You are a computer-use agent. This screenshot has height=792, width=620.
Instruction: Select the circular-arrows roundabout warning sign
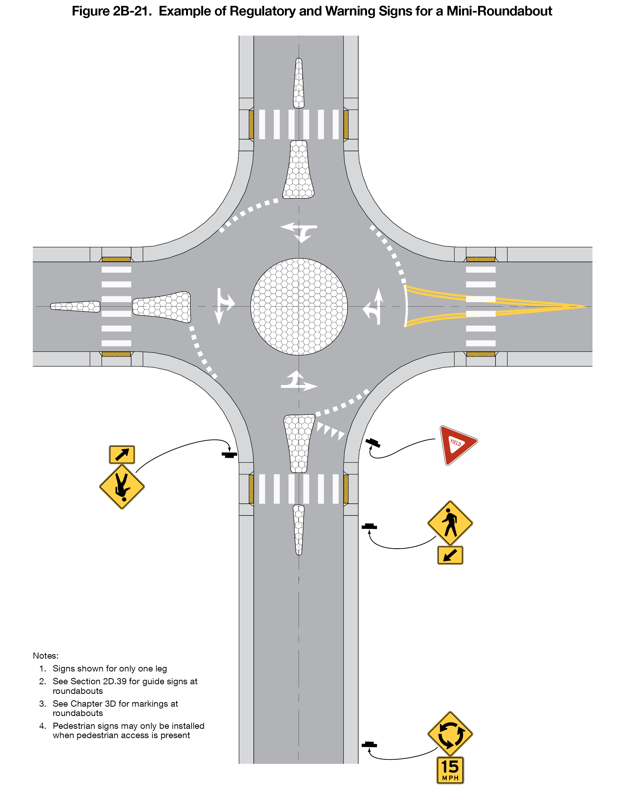pos(450,734)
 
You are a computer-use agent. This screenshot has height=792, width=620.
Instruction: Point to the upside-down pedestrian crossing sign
pos(122,487)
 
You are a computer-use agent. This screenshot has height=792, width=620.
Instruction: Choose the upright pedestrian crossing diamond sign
pos(450,523)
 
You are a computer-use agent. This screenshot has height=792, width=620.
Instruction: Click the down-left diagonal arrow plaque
pos(450,555)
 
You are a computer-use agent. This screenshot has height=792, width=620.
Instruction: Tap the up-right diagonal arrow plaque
pos(122,454)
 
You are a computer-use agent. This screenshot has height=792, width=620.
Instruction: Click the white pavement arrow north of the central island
pos(299,231)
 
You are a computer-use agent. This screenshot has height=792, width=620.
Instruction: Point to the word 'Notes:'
pos(45,655)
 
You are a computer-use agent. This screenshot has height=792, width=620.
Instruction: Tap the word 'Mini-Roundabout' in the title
pos(500,11)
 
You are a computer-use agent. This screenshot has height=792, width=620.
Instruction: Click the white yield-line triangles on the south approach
pos(330,431)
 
